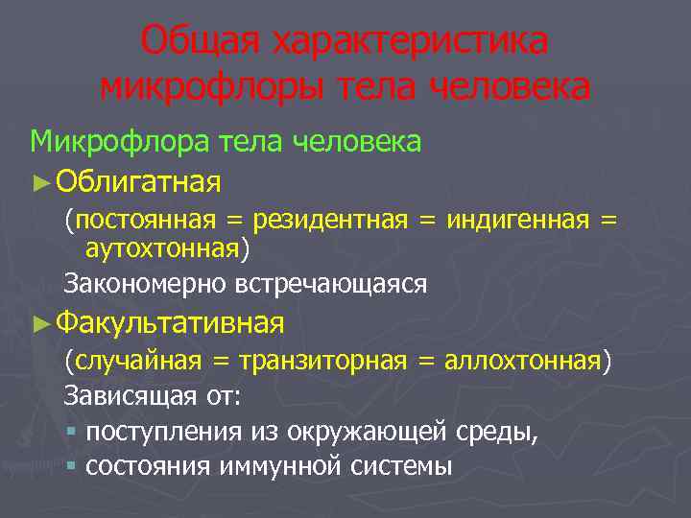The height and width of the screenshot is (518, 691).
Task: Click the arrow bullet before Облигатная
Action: (40, 180)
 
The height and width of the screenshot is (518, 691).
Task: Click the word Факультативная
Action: (170, 320)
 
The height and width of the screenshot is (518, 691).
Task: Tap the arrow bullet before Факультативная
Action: (40, 321)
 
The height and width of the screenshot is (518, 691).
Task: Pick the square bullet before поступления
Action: (72, 432)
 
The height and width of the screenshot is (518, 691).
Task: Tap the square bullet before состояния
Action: (72, 466)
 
